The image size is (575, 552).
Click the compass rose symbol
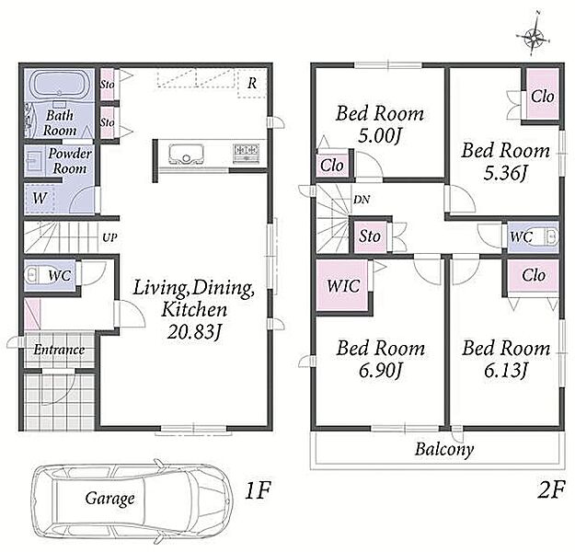pyautogui.click(x=534, y=37)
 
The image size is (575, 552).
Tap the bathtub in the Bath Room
pyautogui.click(x=59, y=85)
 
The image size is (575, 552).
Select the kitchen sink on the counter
pyautogui.click(x=186, y=154)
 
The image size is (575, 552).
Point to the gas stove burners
pyautogui.click(x=247, y=152)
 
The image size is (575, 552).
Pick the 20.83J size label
pyautogui.click(x=194, y=332)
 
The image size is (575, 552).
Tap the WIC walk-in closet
pyautogui.click(x=342, y=286)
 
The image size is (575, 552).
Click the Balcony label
pyautogui.click(x=444, y=449)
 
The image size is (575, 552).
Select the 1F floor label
pyautogui.click(x=258, y=490)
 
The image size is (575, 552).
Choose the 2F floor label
pyautogui.click(x=550, y=490)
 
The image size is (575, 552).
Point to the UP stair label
pyautogui.click(x=109, y=237)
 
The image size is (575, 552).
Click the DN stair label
pyautogui.click(x=362, y=200)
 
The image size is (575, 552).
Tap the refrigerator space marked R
pyautogui.click(x=251, y=84)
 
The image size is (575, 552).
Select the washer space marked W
pyautogui.click(x=40, y=199)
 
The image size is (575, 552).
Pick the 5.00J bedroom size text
pyautogui.click(x=379, y=136)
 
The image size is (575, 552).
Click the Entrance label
pyautogui.click(x=59, y=350)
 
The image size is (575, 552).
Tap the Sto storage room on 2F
pyautogui.click(x=370, y=236)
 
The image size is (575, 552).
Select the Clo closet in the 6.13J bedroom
pyautogui.click(x=534, y=275)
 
